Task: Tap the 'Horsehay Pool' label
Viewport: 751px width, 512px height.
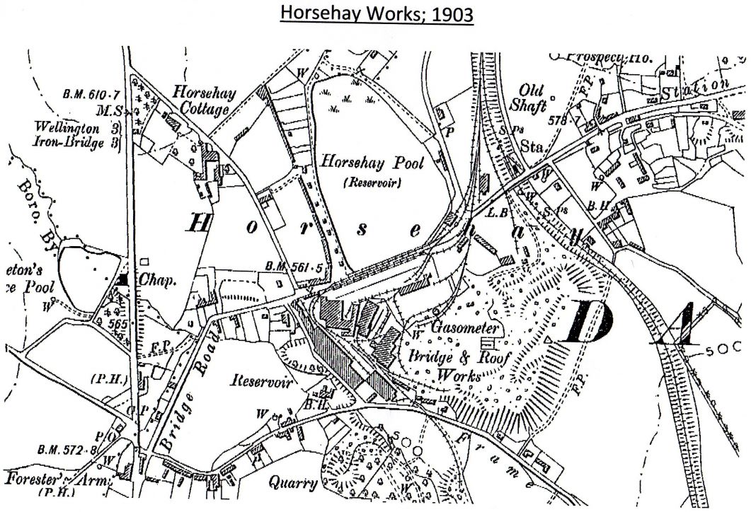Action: pyautogui.click(x=372, y=163)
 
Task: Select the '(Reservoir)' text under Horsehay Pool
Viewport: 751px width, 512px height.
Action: pyautogui.click(x=372, y=182)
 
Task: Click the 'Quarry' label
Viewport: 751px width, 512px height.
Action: pyautogui.click(x=293, y=483)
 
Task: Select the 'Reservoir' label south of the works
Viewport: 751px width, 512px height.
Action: pyautogui.click(x=262, y=381)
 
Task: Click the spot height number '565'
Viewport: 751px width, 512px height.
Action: pyautogui.click(x=119, y=320)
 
